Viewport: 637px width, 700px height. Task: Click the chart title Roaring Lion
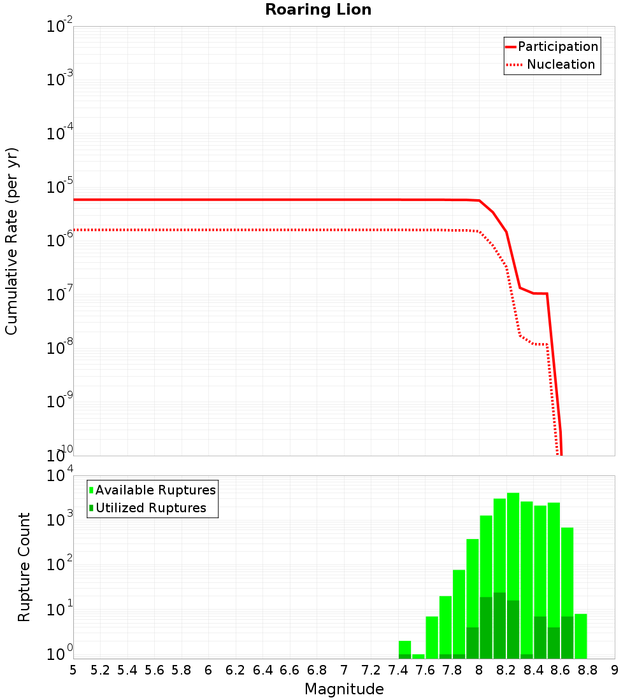318,10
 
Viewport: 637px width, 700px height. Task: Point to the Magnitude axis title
344,689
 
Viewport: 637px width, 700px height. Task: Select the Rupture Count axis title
24,566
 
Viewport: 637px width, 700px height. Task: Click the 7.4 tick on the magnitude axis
398,670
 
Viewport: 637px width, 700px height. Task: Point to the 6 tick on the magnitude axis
208,670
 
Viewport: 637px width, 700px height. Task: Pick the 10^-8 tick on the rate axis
59,347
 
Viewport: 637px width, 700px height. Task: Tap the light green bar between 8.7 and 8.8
580,636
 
